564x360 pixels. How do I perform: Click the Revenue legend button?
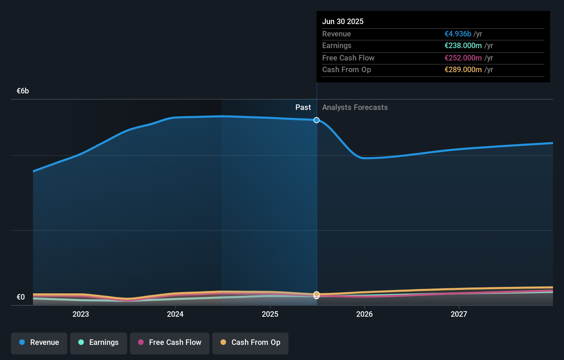39,342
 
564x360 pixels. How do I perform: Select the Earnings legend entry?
99,342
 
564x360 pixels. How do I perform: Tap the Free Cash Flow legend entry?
170,342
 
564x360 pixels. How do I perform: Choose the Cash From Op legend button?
250,342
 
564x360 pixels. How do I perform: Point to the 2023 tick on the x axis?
81,314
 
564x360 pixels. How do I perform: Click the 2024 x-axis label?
175,314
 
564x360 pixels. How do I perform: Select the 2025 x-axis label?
270,314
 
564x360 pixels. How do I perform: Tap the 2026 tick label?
364,314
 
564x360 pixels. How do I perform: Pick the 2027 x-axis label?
459,314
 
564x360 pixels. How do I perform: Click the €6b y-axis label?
23,91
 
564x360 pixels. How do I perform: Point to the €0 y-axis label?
21,297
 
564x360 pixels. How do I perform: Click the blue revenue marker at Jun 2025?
316,120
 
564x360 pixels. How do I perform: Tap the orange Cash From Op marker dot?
316,294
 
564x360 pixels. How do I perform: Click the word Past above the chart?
303,108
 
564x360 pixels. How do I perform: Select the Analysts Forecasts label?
355,108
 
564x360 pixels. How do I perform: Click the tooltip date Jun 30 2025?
343,21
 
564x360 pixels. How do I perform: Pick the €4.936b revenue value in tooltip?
458,34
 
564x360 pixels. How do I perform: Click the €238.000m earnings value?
463,46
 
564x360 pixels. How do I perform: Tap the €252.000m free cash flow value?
463,58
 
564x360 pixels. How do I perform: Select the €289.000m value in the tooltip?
463,70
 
